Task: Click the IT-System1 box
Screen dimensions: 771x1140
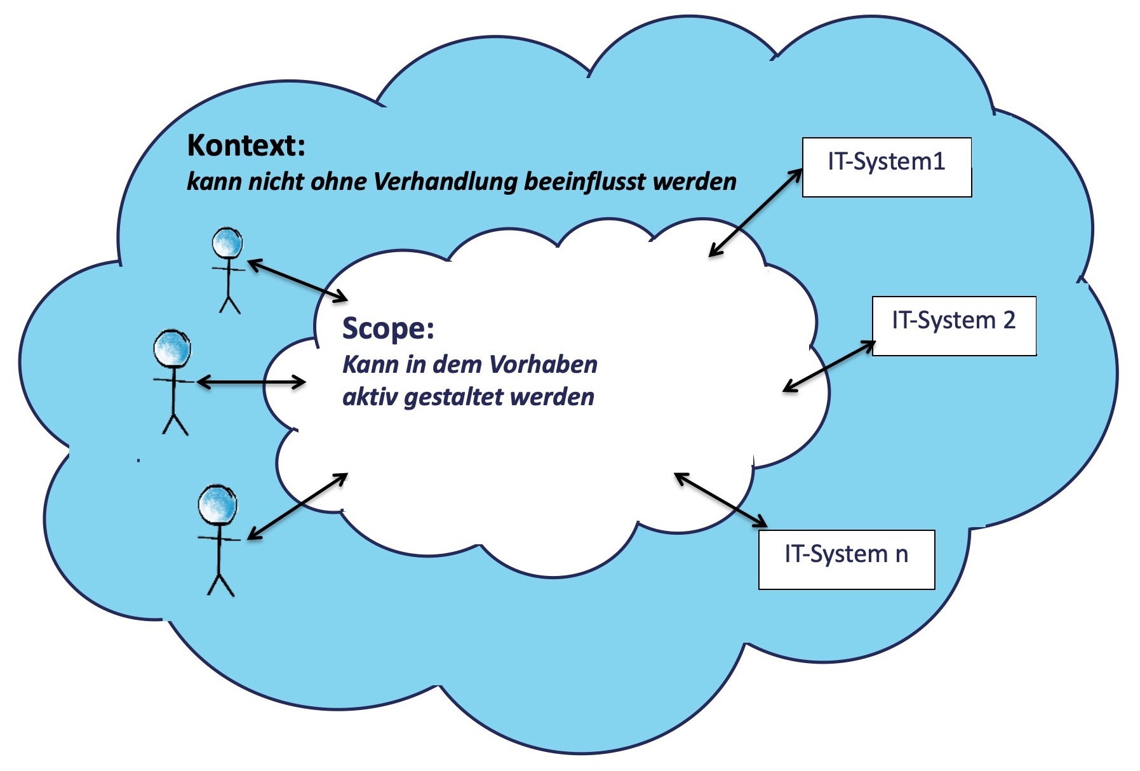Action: coord(887,167)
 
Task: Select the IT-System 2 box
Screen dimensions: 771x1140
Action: coord(954,325)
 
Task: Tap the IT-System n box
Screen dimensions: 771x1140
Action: coord(847,559)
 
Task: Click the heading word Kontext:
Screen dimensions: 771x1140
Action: coord(246,146)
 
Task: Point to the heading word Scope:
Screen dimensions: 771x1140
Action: coord(388,328)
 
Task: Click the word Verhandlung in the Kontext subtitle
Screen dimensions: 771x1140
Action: coord(446,182)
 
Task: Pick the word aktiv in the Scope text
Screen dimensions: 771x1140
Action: coord(370,398)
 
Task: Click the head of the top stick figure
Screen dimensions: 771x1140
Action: coord(227,243)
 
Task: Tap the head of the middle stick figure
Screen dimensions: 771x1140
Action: coord(172,349)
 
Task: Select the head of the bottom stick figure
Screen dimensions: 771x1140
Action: coord(217,505)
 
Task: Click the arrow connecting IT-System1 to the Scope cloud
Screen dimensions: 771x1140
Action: coord(755,213)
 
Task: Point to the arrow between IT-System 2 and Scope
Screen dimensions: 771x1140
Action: coord(829,366)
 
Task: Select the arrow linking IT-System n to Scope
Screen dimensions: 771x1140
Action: coord(721,500)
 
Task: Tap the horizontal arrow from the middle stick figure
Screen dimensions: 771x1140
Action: coord(251,382)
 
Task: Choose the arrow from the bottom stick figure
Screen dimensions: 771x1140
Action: coord(297,506)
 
